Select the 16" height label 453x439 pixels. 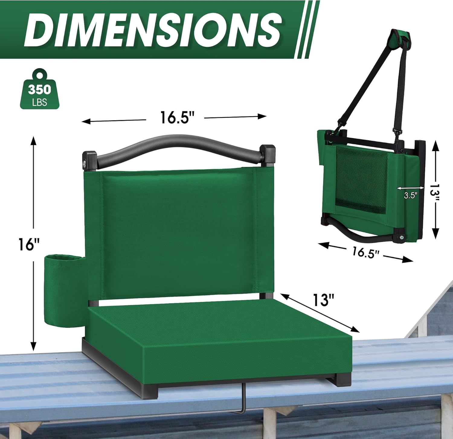tap(29, 244)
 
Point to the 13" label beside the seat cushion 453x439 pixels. tap(323, 300)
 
